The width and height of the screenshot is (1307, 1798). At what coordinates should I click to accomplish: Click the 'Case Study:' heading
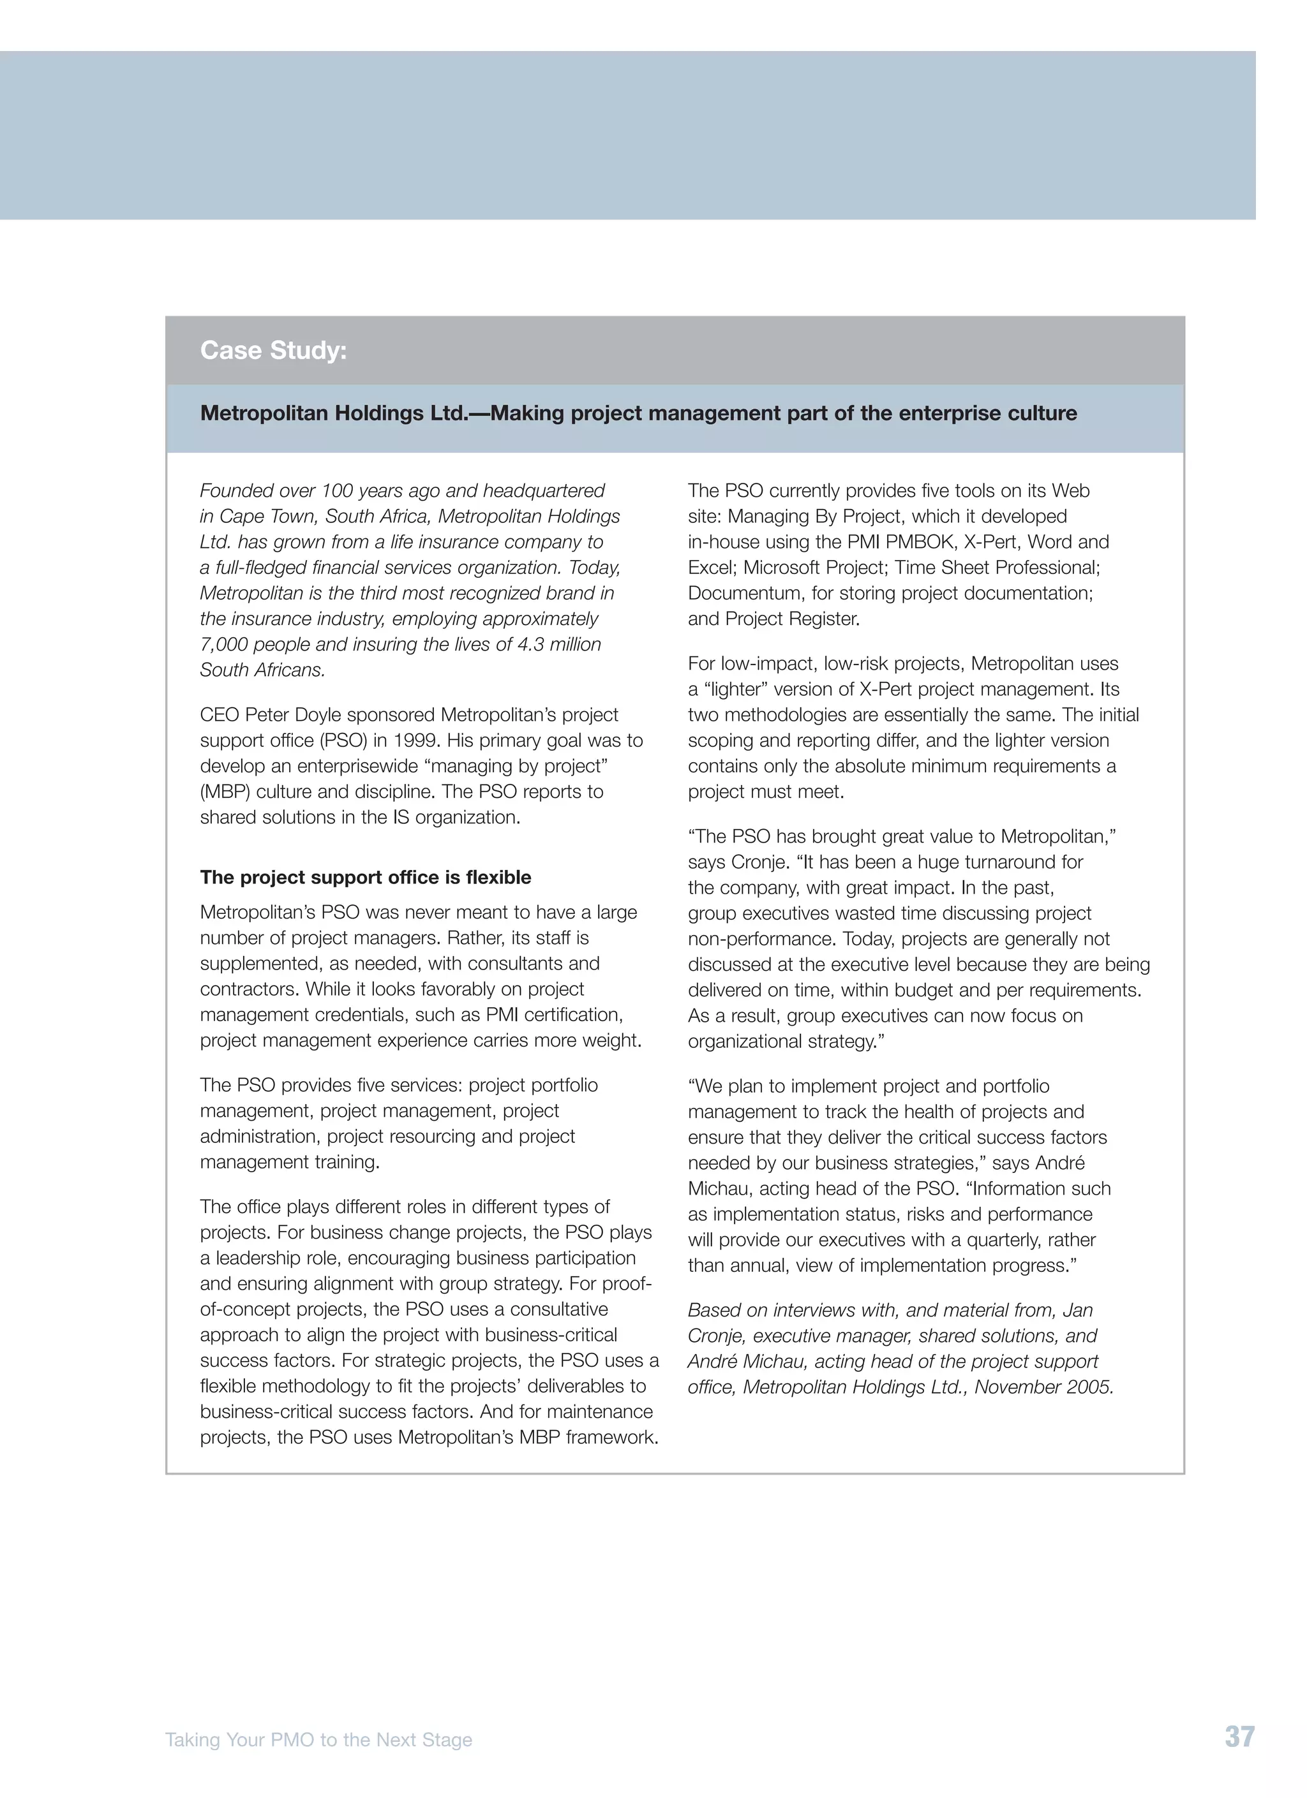point(274,350)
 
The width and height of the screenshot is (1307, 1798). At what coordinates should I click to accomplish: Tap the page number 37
point(1239,1737)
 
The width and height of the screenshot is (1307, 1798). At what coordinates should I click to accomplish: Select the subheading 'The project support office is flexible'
point(365,877)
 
